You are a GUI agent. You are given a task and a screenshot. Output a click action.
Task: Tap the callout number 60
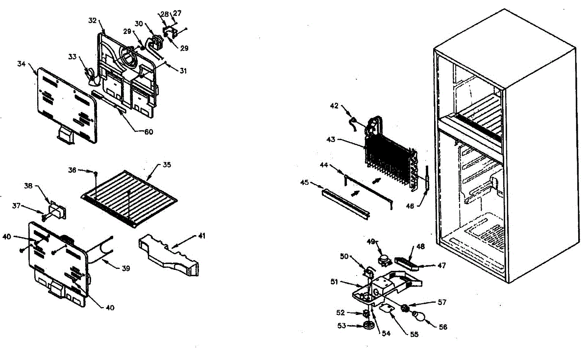click(148, 131)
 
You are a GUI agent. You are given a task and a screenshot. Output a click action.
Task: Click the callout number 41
click(201, 236)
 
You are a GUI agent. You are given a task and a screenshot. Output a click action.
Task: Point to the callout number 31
click(183, 71)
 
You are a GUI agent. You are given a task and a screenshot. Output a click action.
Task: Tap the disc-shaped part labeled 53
click(369, 326)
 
